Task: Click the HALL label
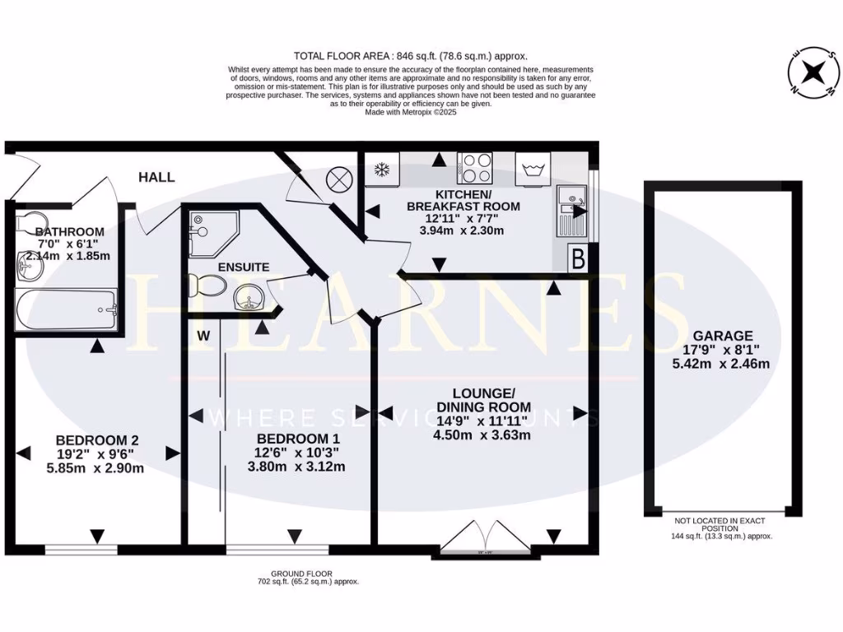[x=156, y=177]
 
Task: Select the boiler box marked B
[x=578, y=260]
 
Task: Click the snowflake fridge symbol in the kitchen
[x=381, y=170]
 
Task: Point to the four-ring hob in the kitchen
[x=475, y=169]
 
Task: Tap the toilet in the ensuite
[x=207, y=286]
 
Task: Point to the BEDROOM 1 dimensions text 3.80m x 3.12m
[x=297, y=467]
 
